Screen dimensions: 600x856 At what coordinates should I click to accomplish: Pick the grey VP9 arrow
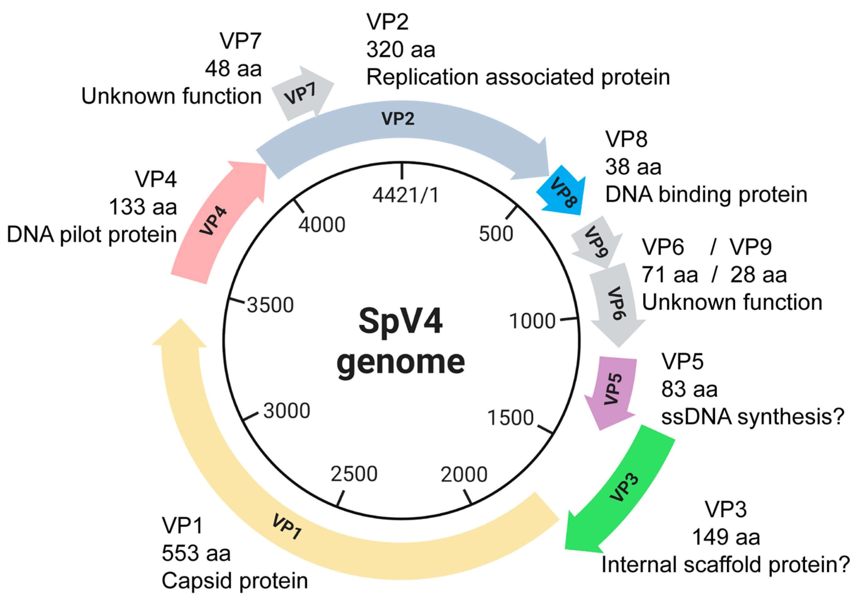pyautogui.click(x=596, y=242)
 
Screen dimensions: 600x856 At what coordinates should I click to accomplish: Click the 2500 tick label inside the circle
pyautogui.click(x=354, y=474)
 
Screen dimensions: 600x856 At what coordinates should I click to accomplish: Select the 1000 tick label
pyautogui.click(x=532, y=321)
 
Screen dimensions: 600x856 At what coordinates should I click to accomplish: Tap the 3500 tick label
pyautogui.click(x=270, y=305)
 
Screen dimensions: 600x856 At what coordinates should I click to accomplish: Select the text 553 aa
pyautogui.click(x=196, y=553)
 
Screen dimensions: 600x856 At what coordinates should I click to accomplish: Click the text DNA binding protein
pyautogui.click(x=706, y=195)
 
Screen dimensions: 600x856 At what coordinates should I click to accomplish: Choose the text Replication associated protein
pyautogui.click(x=518, y=77)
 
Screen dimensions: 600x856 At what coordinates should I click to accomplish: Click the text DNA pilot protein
pyautogui.click(x=92, y=235)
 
